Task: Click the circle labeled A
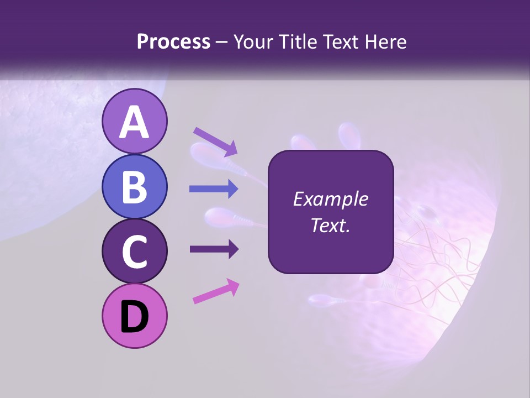pyautogui.click(x=134, y=121)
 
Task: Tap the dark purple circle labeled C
pyautogui.click(x=134, y=251)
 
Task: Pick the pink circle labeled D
pyautogui.click(x=134, y=316)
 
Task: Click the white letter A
pyautogui.click(x=134, y=122)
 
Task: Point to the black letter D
pyautogui.click(x=134, y=317)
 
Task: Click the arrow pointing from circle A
pyautogui.click(x=215, y=142)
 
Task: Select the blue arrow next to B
pyautogui.click(x=214, y=189)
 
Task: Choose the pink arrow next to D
pyautogui.click(x=216, y=291)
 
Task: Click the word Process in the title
pyautogui.click(x=173, y=41)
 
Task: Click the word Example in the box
pyautogui.click(x=330, y=199)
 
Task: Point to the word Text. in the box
pyautogui.click(x=330, y=225)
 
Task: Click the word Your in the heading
pyautogui.click(x=253, y=41)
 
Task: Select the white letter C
pyautogui.click(x=134, y=252)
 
